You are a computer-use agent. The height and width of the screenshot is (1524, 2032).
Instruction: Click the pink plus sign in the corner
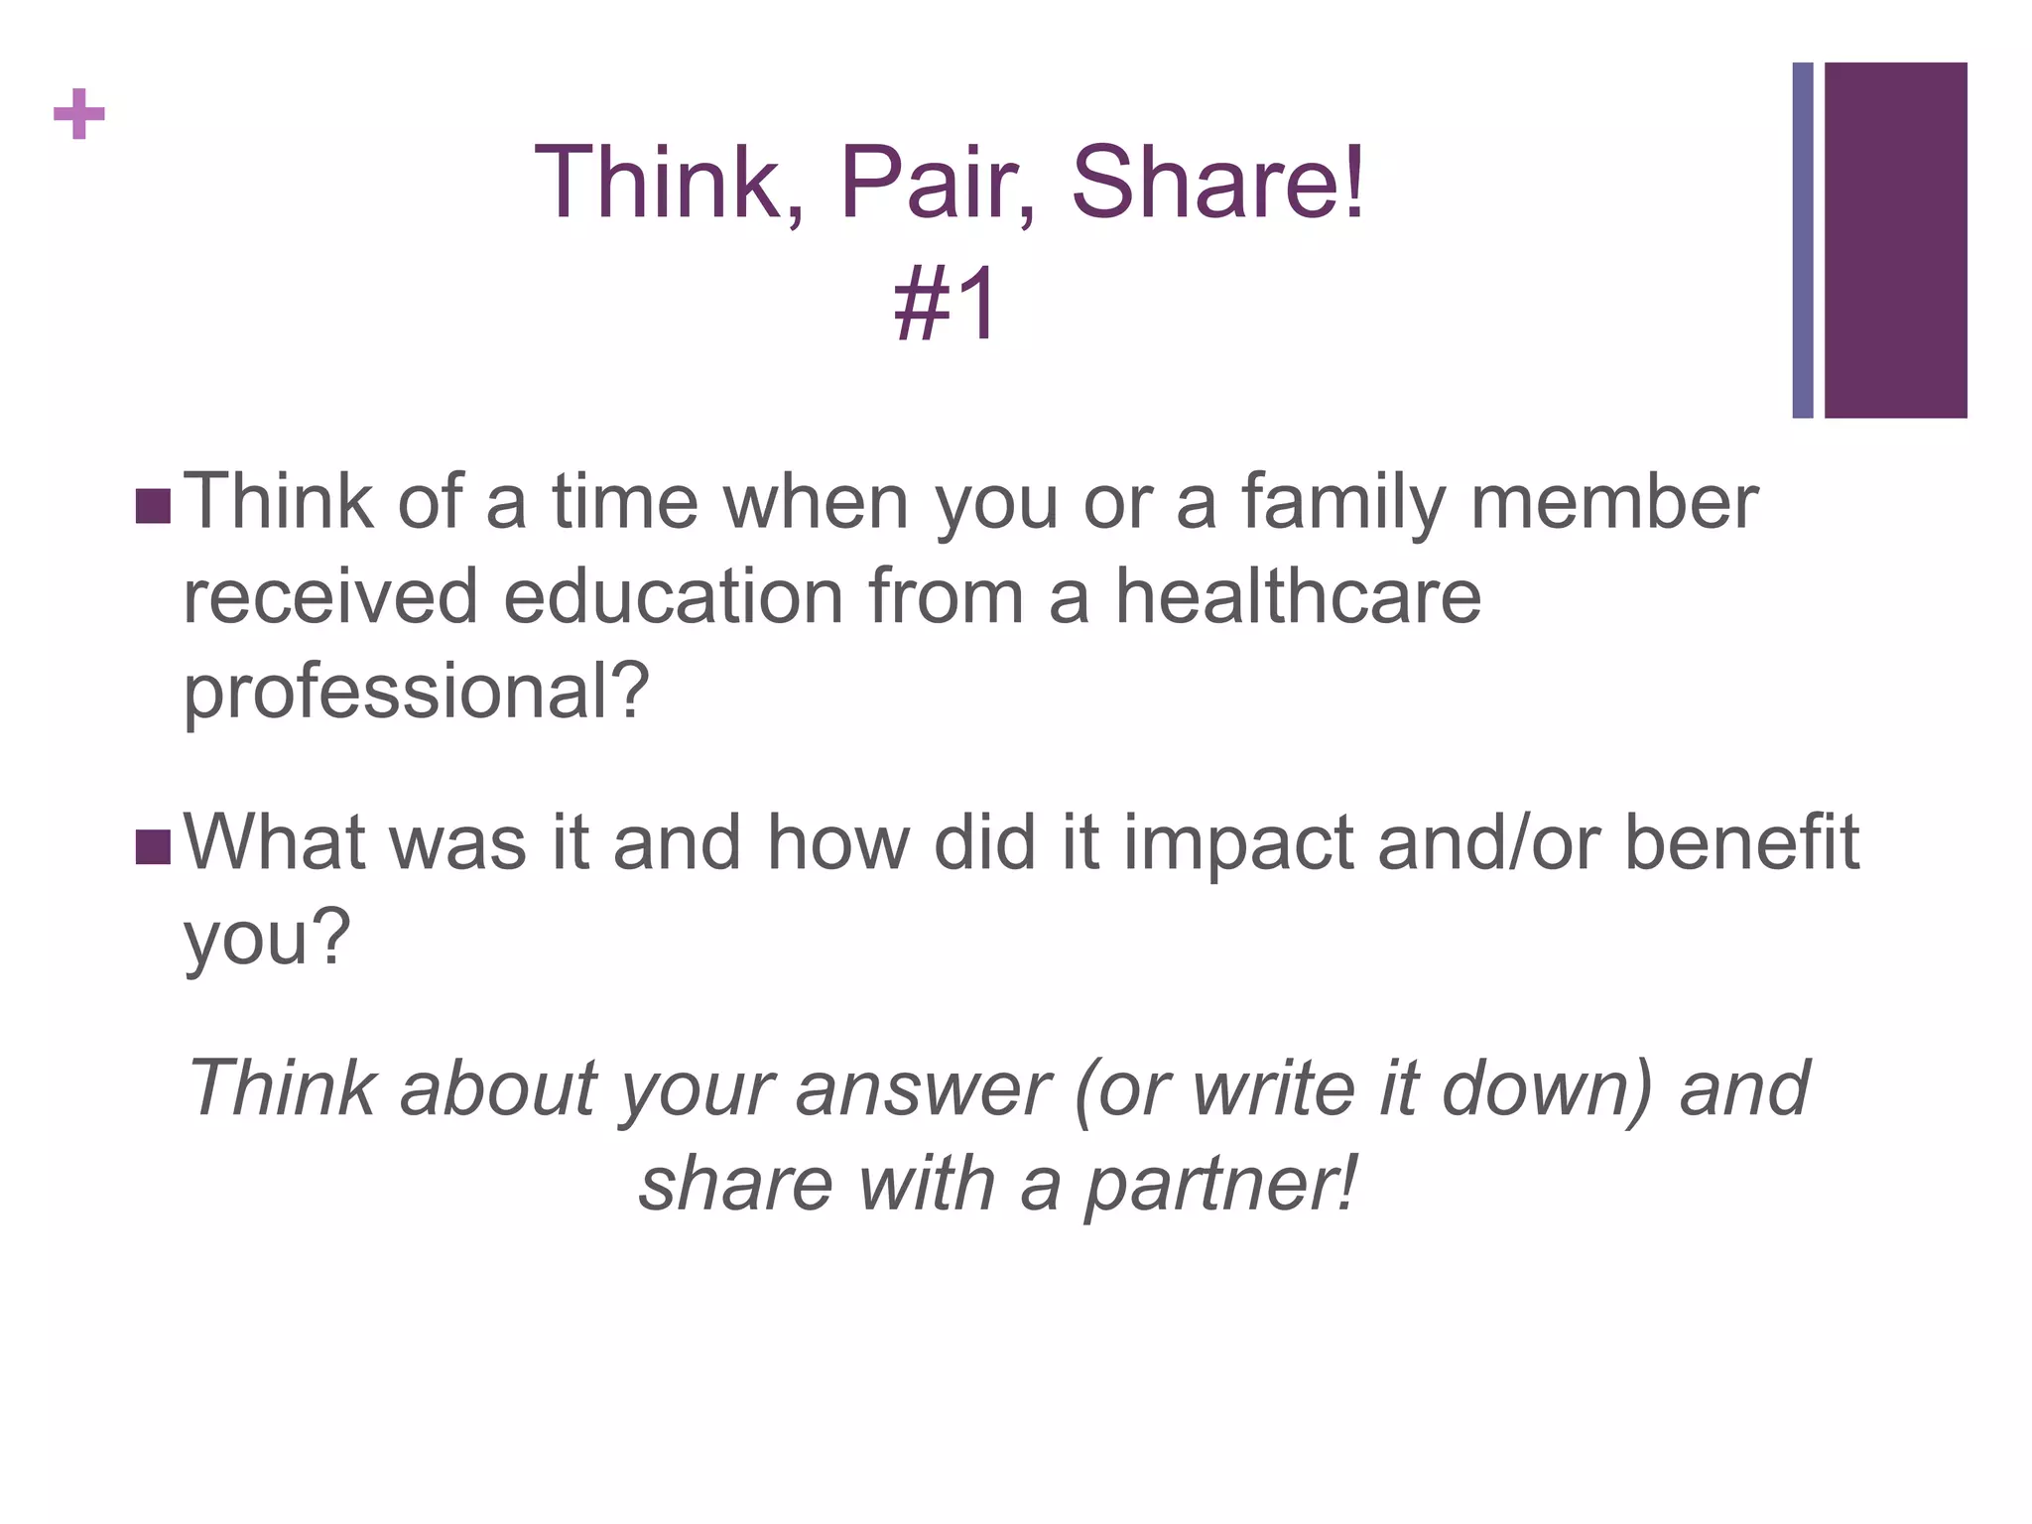[x=79, y=114]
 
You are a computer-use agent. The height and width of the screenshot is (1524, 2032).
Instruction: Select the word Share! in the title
[x=1218, y=184]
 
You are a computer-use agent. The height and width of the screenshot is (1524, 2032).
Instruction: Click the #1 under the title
[x=946, y=305]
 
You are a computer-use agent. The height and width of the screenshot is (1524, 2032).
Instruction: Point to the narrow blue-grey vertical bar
[x=1802, y=240]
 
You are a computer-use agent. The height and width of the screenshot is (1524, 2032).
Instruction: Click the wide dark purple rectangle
[x=1895, y=240]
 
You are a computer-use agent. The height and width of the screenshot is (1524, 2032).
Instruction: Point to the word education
[x=674, y=597]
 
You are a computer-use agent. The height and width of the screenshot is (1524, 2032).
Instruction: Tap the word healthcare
[x=1298, y=597]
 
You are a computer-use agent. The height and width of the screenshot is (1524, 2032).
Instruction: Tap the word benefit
[x=1741, y=843]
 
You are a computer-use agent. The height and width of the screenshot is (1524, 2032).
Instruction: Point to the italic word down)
[x=1548, y=1089]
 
